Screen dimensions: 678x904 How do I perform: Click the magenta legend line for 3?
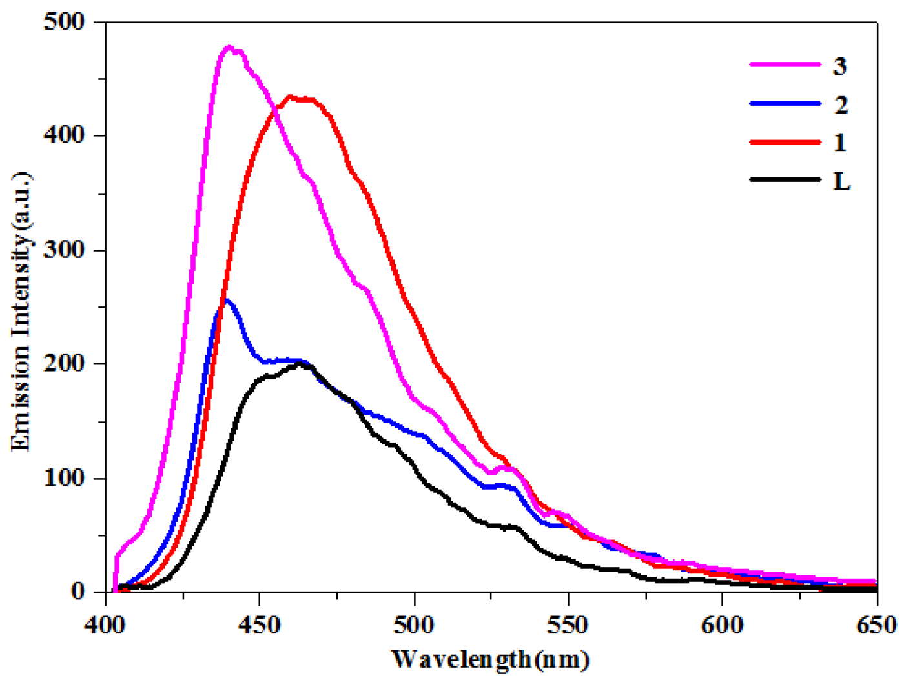[x=785, y=65]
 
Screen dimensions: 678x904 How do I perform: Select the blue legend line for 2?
[x=785, y=103]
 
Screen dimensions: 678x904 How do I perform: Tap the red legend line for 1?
[x=785, y=141]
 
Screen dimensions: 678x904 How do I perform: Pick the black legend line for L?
[x=785, y=179]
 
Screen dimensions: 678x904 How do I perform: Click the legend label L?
[x=841, y=181]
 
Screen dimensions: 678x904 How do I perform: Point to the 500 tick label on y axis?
[x=64, y=22]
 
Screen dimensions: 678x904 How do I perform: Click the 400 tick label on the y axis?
[x=64, y=135]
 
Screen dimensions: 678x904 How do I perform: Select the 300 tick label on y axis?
[x=64, y=250]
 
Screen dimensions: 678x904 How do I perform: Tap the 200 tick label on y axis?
[x=64, y=364]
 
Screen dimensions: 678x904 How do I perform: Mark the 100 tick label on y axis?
[x=64, y=478]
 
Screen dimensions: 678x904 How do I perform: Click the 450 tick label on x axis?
[x=260, y=624]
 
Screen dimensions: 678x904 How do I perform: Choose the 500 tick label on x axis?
[x=414, y=624]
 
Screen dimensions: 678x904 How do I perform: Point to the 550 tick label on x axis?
[x=568, y=624]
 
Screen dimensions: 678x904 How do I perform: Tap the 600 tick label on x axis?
[x=722, y=624]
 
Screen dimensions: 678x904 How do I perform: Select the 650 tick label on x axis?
[x=876, y=624]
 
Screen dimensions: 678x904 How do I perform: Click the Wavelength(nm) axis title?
[x=491, y=659]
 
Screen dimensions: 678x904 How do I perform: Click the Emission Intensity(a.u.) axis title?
[x=21, y=311]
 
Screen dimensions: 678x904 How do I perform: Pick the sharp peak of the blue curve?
[x=226, y=300]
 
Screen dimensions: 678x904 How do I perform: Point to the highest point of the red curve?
[x=291, y=97]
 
